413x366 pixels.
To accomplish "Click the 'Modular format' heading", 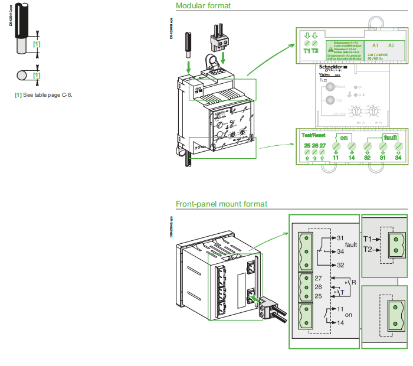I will pos(203,6).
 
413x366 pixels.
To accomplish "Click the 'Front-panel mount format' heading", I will pos(221,204).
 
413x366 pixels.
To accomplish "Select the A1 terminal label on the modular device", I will pos(375,45).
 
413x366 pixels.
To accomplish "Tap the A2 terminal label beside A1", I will pos(391,45).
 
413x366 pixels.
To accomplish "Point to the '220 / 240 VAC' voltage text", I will pos(379,54).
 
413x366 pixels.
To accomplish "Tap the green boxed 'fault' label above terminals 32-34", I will pos(389,137).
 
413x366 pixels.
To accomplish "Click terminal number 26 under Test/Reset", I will pos(314,145).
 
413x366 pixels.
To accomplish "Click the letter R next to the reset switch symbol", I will pos(354,283).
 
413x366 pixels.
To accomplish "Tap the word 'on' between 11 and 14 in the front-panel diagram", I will pos(349,315).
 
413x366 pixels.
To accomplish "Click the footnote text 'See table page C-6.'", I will pos(47,95).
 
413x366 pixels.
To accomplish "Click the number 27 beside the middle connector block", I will pos(319,277).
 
